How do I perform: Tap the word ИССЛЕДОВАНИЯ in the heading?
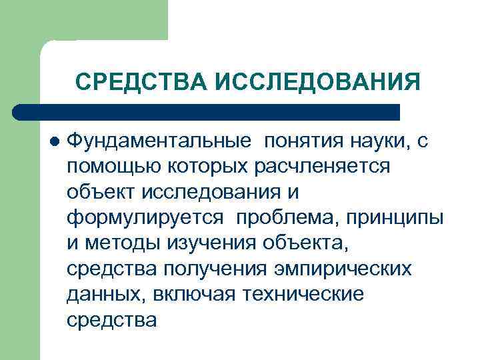click(x=317, y=82)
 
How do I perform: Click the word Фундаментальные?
click(x=160, y=141)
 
